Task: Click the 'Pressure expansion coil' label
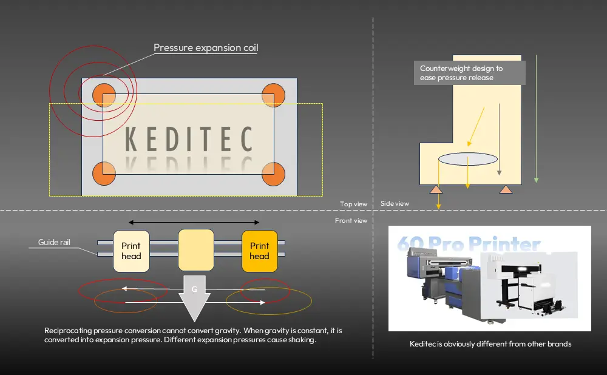tap(206, 48)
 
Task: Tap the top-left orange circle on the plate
tap(104, 95)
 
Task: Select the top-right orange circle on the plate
tap(273, 95)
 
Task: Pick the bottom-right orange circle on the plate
tap(273, 174)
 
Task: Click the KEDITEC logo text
tap(188, 140)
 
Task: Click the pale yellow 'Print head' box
tap(131, 250)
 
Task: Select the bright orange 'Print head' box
tap(259, 250)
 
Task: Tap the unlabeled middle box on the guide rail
tap(195, 250)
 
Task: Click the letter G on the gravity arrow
tap(194, 289)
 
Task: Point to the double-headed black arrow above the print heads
tap(194, 222)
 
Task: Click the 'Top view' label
tap(354, 204)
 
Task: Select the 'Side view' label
tap(395, 204)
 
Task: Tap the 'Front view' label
tap(351, 220)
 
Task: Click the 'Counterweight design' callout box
tap(469, 73)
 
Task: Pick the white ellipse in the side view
tap(467, 159)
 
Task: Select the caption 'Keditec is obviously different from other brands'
tap(490, 344)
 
